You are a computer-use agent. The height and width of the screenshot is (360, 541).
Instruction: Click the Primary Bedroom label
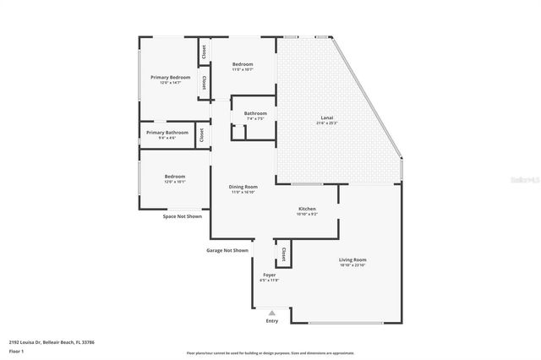(170, 77)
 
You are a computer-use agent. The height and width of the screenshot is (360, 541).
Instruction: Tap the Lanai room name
(326, 117)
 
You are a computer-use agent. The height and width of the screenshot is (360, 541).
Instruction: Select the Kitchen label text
(307, 209)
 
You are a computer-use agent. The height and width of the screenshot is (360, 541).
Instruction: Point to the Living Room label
(352, 259)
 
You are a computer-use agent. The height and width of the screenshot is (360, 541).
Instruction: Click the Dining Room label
(243, 187)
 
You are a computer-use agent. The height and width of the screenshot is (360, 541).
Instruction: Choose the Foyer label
(269, 275)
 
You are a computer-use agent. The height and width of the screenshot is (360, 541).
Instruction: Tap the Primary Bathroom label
(167, 133)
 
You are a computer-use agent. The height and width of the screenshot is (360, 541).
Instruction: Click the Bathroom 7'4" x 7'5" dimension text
(255, 119)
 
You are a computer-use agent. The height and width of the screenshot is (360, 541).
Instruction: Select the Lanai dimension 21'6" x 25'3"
(326, 123)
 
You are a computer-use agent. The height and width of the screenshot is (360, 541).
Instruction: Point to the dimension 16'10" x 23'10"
(352, 265)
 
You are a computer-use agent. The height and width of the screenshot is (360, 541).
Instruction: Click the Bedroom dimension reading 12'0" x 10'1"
(174, 182)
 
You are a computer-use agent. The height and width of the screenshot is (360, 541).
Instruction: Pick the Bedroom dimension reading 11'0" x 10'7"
(243, 70)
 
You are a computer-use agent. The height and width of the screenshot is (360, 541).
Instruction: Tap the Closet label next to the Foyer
(284, 255)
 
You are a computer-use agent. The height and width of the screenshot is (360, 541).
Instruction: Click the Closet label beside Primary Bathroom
(201, 135)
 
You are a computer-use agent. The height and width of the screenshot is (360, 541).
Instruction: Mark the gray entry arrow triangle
(271, 313)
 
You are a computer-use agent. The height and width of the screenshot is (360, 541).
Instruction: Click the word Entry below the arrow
(271, 321)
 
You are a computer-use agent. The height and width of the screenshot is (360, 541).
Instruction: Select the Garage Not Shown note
(227, 250)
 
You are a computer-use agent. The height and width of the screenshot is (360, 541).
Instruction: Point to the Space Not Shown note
(182, 216)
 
